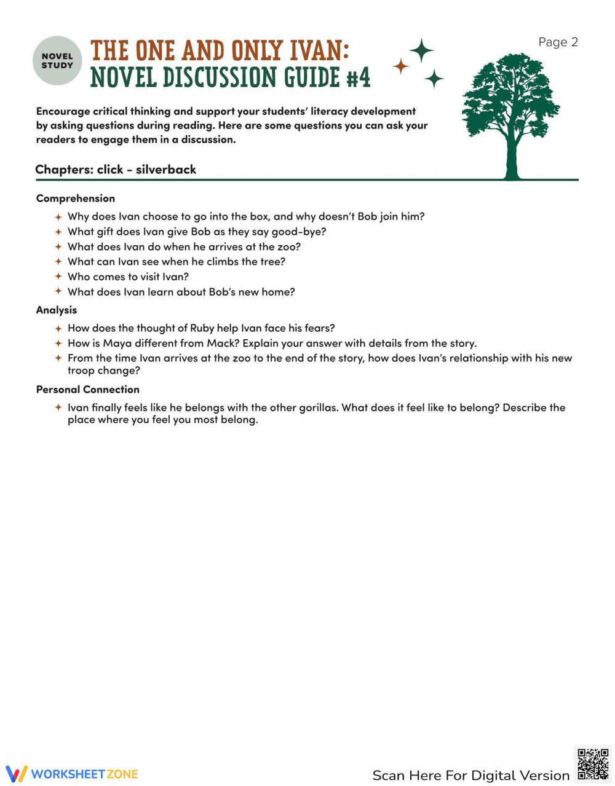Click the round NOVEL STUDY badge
[x=57, y=60]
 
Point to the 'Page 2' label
[x=558, y=42]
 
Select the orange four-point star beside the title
[x=401, y=66]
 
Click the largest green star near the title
[x=422, y=50]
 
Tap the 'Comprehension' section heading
[x=76, y=198]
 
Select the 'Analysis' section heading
[x=57, y=310]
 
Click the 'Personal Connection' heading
[x=88, y=390]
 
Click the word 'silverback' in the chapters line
[x=165, y=170]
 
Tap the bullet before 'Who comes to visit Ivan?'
[x=58, y=277]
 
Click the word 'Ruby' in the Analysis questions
[x=202, y=328]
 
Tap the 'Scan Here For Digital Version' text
[x=470, y=776]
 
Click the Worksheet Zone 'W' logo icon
[x=17, y=774]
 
